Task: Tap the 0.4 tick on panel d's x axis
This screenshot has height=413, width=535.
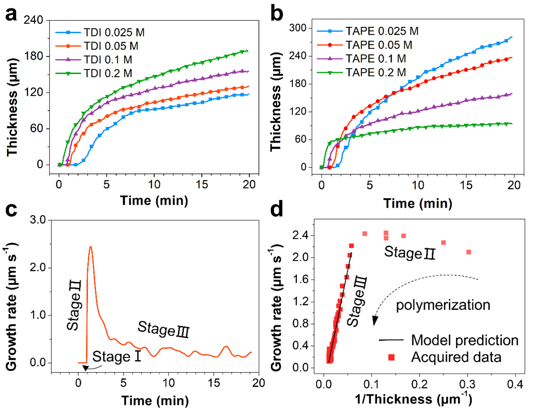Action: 516,385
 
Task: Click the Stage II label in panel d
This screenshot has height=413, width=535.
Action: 410,253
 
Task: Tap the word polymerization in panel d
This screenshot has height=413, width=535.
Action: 442,306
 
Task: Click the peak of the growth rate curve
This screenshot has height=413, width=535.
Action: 90,247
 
